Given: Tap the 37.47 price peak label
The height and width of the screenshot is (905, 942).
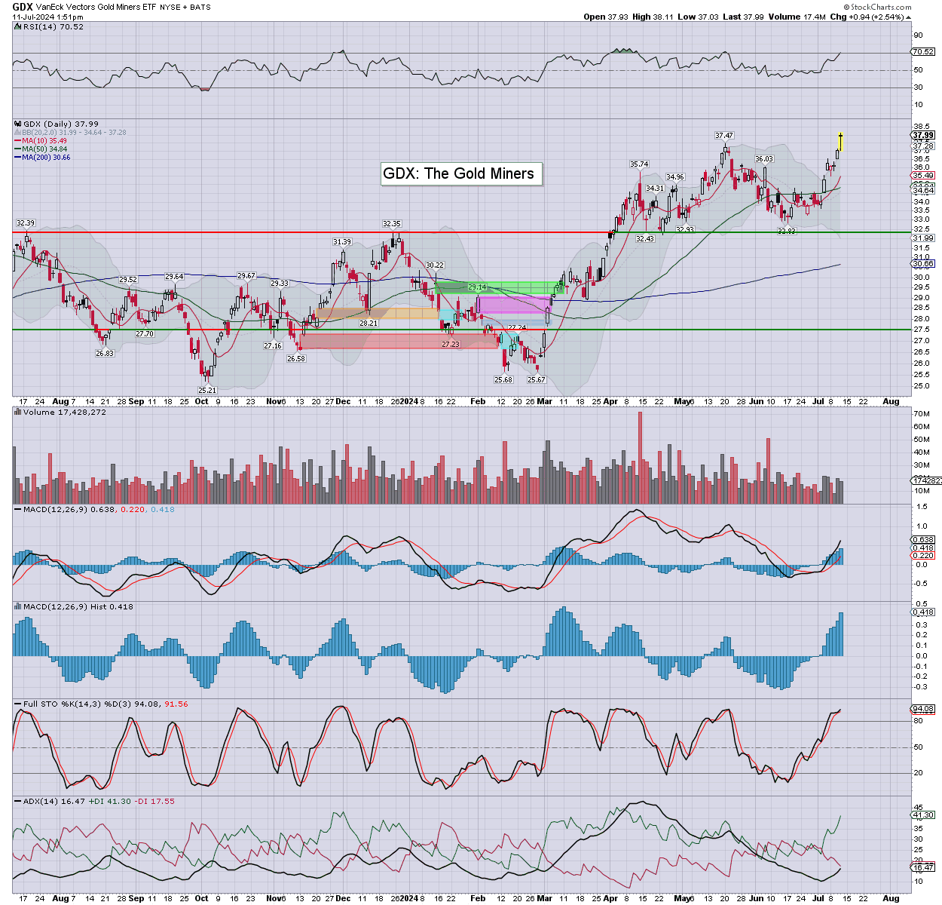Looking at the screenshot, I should pos(724,136).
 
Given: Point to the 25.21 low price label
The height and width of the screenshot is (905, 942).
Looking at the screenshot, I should pos(207,390).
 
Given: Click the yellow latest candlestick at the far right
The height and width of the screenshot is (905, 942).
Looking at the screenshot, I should pos(840,141).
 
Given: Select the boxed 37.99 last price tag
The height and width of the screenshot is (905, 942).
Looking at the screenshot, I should pos(922,136).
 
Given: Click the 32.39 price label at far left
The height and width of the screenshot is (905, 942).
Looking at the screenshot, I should pos(26,223).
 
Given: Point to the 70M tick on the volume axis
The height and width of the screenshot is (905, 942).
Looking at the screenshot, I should pos(920,414).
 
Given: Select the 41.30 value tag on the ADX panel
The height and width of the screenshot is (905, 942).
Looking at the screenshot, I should pos(922,814).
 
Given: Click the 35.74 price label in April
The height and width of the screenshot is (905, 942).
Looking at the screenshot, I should pos(639,164).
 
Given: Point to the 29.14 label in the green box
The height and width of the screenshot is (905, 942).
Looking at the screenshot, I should pos(477,287).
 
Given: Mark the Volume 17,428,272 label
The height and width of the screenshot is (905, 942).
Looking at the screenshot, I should pos(64,413).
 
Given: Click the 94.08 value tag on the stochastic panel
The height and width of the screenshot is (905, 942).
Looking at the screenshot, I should pos(922,709).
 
